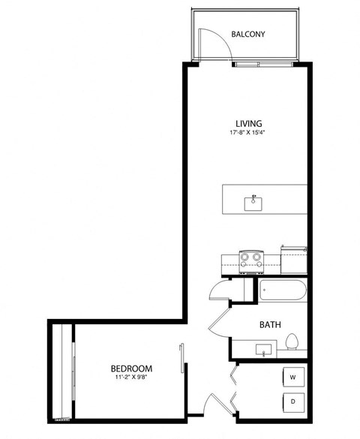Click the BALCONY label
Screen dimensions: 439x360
pos(248,35)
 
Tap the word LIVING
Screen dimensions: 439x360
pos(248,123)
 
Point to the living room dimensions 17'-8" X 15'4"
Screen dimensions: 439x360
pos(248,133)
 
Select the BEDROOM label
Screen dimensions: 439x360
pos(131,368)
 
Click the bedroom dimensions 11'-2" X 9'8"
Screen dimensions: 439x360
pos(131,378)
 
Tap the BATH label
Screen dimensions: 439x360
pos(270,325)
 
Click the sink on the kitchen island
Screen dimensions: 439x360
pos(254,201)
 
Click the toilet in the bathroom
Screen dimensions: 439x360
pos(292,343)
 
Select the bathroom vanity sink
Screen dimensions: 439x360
pos(262,349)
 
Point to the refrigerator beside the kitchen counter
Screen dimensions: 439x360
pos(294,259)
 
